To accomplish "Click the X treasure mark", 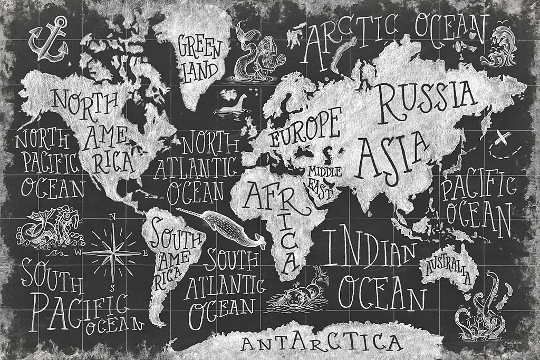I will point(504,139).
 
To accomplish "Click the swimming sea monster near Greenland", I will point(234,105).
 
